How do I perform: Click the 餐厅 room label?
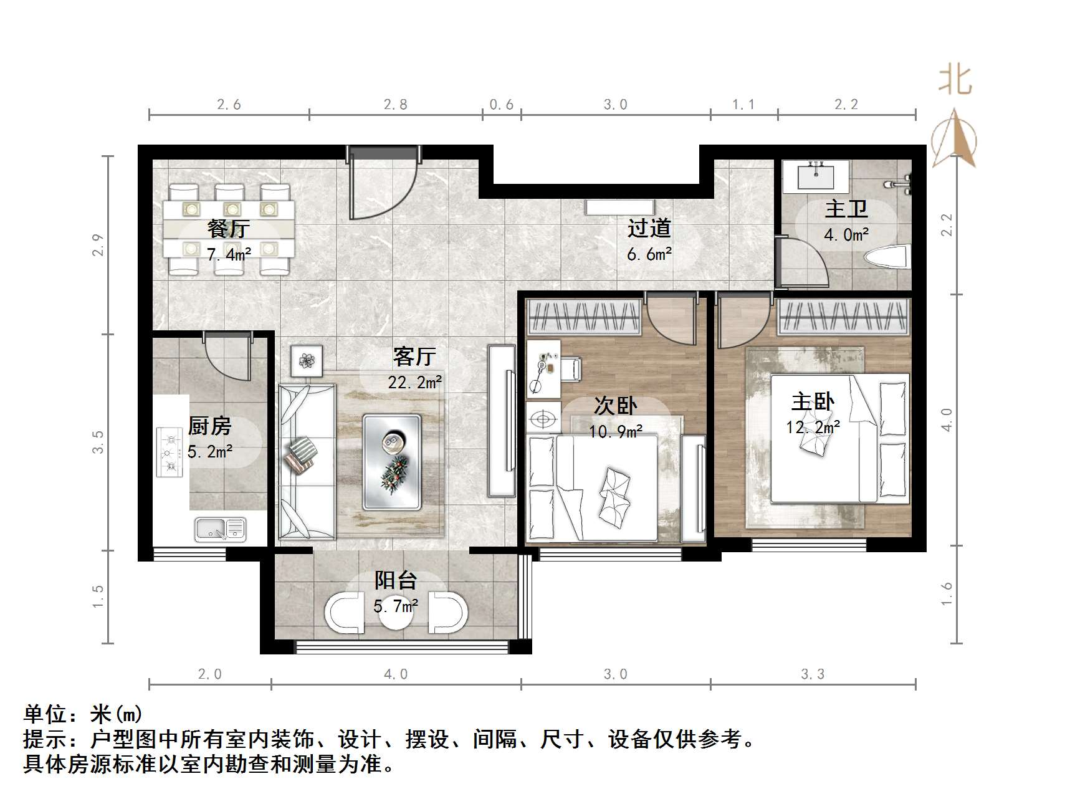click(x=229, y=229)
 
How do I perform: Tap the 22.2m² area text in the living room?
click(x=415, y=382)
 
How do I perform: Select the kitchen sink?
click(x=220, y=529)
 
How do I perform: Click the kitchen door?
click(x=227, y=356)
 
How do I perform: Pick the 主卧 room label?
click(x=813, y=402)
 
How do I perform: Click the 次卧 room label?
click(x=615, y=406)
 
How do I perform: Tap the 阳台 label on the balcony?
click(x=395, y=580)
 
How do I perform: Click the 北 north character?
click(x=955, y=82)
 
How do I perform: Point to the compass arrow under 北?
click(x=954, y=140)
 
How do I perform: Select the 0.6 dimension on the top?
click(x=502, y=105)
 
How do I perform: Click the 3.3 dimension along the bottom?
click(x=813, y=674)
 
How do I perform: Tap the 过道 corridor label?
click(x=649, y=228)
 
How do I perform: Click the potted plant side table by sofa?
click(x=307, y=361)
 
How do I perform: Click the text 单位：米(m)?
click(x=83, y=714)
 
